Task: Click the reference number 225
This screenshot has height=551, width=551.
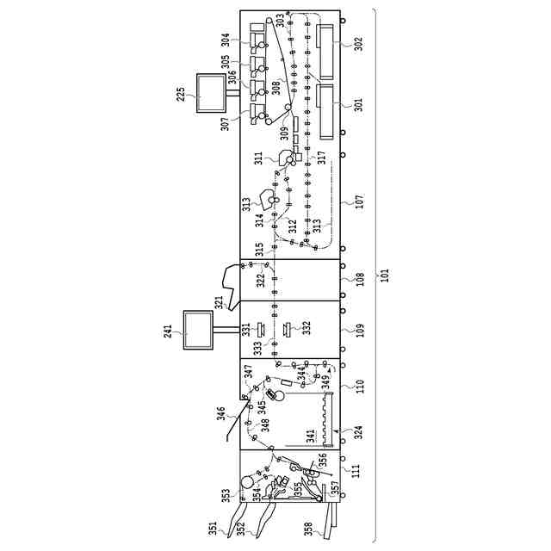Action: click(x=182, y=93)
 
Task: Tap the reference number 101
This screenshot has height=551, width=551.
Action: click(x=386, y=275)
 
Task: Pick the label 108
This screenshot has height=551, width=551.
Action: click(x=359, y=280)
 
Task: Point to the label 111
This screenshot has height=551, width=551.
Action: click(x=354, y=470)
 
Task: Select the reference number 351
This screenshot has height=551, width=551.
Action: click(x=213, y=524)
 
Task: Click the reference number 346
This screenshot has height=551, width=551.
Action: click(x=221, y=414)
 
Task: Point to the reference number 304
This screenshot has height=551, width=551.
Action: click(x=226, y=39)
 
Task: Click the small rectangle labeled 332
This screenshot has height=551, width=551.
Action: click(x=287, y=328)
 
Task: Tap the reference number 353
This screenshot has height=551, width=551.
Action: click(x=226, y=495)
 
